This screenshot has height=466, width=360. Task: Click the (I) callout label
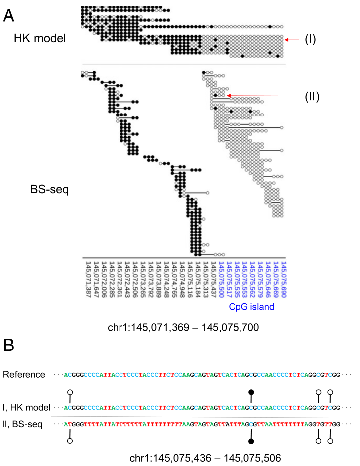pyautogui.click(x=311, y=39)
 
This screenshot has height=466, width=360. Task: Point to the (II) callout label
pyautogui.click(x=312, y=95)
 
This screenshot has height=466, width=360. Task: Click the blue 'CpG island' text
pyautogui.click(x=251, y=307)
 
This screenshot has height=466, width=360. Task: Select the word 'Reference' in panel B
pyautogui.click(x=24, y=374)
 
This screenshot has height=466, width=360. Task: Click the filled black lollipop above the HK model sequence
pyautogui.click(x=252, y=393)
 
